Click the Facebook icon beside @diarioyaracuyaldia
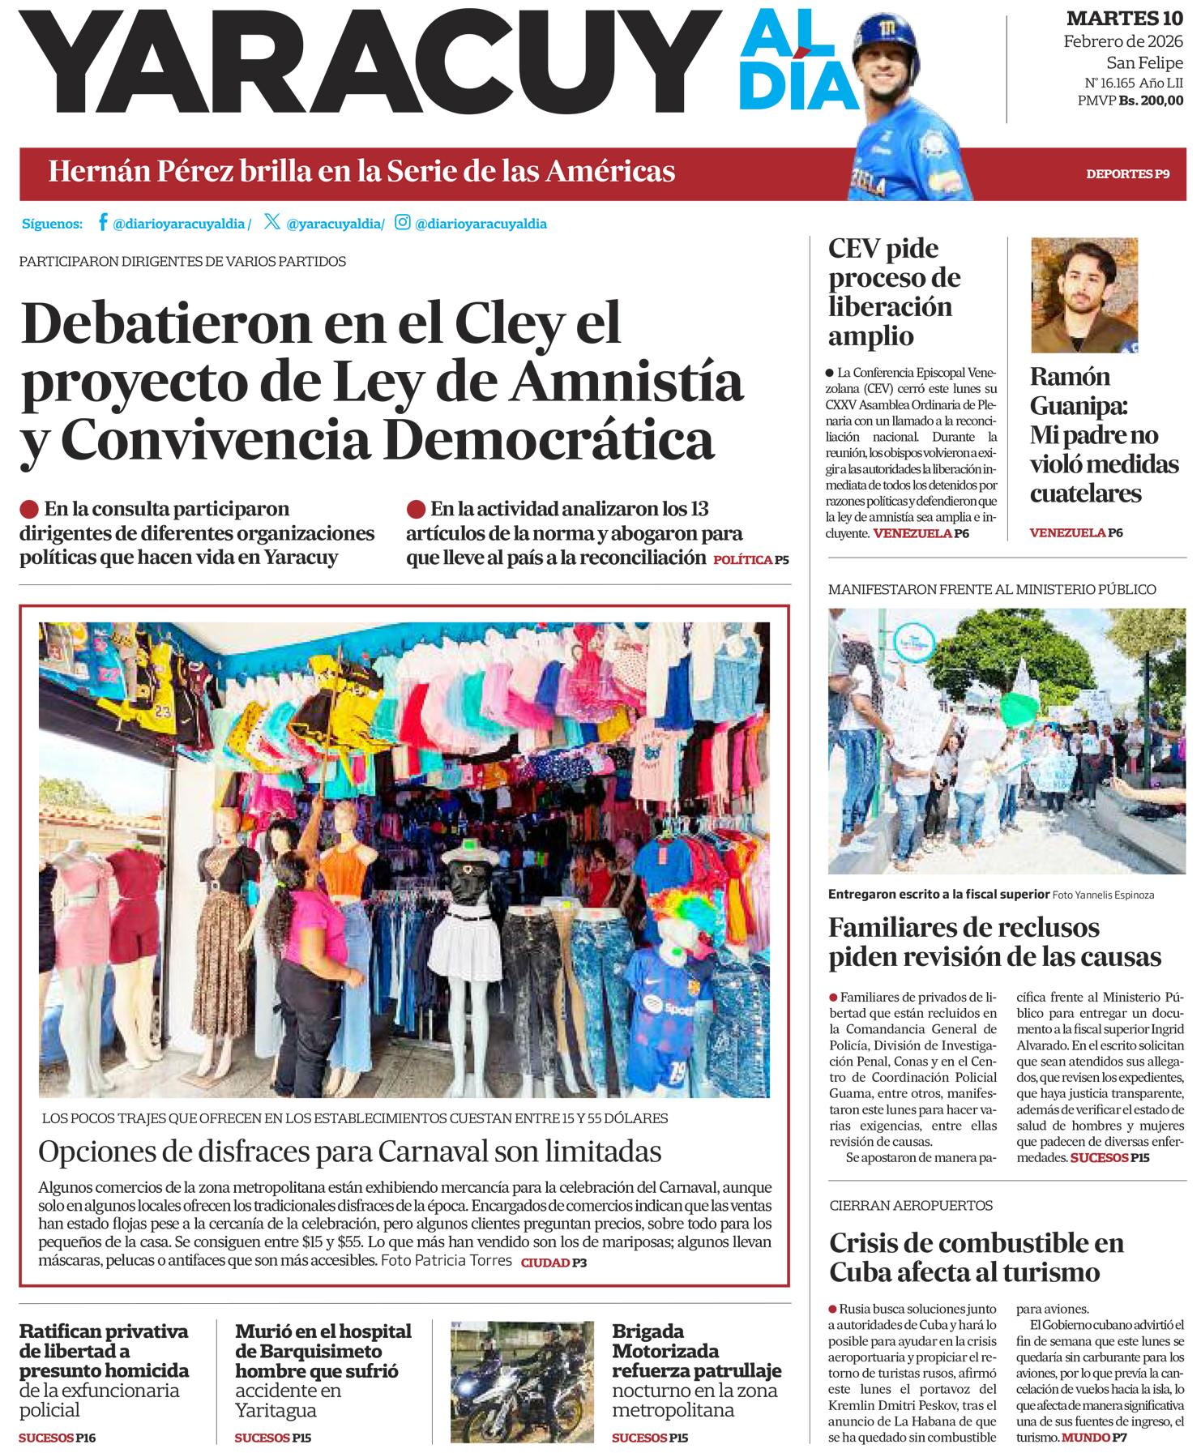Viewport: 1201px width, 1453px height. tap(103, 222)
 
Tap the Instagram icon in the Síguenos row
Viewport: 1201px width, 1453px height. tap(402, 222)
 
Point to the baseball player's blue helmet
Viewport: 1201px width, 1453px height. tap(886, 36)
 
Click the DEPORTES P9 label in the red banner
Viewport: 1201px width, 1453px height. tap(1127, 174)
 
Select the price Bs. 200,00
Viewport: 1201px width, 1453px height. tap(1151, 100)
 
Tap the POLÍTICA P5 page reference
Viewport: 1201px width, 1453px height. tap(750, 560)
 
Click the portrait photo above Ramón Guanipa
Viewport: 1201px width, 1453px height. tap(1083, 295)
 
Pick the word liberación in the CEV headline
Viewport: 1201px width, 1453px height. tap(890, 307)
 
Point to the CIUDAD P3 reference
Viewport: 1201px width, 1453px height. tap(553, 1263)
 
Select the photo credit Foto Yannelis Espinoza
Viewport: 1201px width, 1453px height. tap(1103, 895)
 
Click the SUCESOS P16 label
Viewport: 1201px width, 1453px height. tap(57, 1438)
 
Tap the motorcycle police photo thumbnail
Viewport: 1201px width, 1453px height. tap(522, 1382)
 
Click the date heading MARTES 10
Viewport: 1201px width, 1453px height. tap(1124, 18)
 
